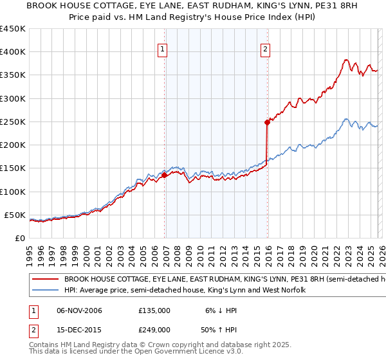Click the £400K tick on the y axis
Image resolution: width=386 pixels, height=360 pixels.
click(13, 52)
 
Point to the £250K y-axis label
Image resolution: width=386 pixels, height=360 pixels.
click(13, 122)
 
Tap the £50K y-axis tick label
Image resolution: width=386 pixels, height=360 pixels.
click(15, 215)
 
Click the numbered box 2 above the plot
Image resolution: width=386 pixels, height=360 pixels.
click(265, 48)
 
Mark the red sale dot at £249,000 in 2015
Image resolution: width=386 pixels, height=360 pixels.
click(267, 122)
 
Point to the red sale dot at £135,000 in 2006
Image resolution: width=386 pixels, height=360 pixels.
click(165, 174)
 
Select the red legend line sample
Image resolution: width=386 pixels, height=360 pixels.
click(45, 280)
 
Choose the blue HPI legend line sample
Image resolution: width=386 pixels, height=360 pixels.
click(45, 291)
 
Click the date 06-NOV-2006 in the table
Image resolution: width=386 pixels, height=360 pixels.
click(79, 310)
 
